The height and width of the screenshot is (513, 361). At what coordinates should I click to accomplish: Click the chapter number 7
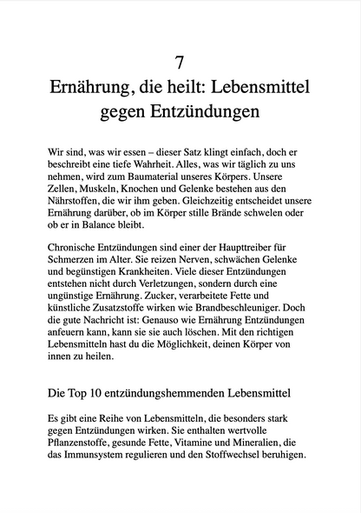[x=180, y=62]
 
